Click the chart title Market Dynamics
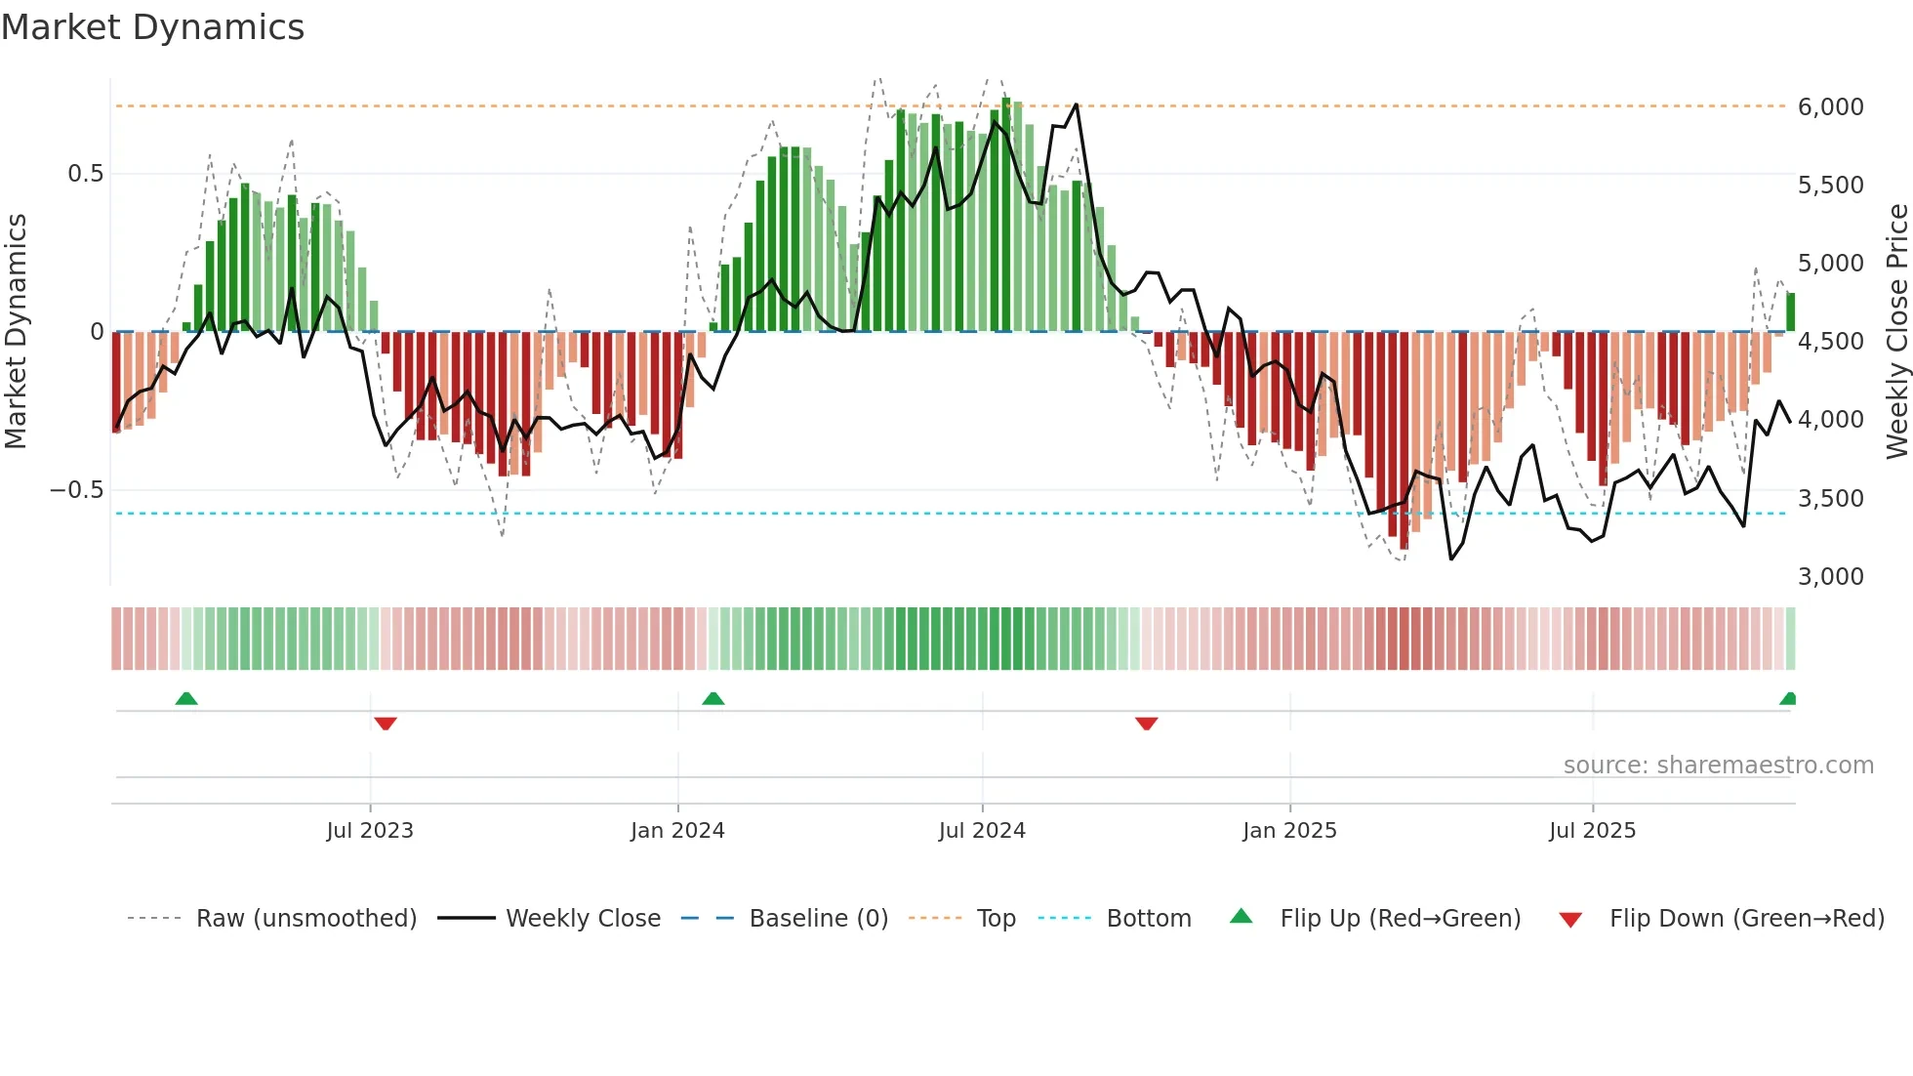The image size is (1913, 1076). click(152, 27)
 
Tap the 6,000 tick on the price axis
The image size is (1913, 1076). click(1830, 106)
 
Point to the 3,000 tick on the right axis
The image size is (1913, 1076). click(1830, 576)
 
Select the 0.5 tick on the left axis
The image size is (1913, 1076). click(85, 174)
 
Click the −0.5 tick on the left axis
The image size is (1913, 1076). click(76, 489)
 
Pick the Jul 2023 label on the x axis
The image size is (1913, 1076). click(370, 831)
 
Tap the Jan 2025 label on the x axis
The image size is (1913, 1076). click(1289, 831)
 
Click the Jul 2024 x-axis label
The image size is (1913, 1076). click(982, 831)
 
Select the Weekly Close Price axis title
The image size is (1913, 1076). click(1896, 331)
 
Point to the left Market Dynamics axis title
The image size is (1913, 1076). click(16, 331)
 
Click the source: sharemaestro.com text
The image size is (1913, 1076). click(1718, 766)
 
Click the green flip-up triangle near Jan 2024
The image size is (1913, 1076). click(713, 698)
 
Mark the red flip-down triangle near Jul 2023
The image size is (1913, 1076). click(386, 723)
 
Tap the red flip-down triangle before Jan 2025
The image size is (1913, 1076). click(1147, 723)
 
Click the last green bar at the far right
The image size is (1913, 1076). click(1790, 312)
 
